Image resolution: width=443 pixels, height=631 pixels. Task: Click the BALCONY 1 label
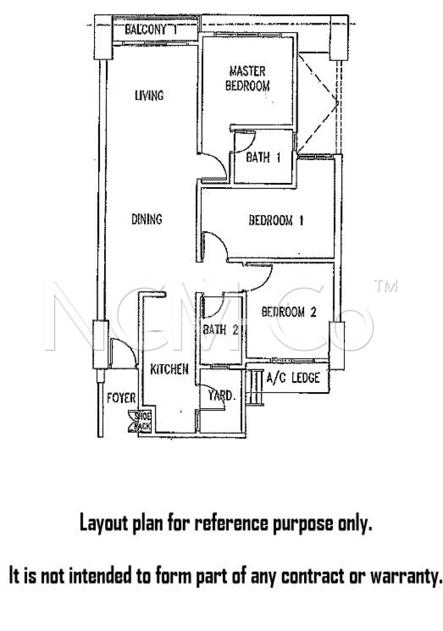point(151,30)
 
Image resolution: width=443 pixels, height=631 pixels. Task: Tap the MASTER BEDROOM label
point(247,79)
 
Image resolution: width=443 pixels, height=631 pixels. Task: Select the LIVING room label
point(149,96)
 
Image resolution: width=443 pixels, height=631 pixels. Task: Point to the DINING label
point(147,219)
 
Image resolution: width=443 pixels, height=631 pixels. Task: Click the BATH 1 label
point(263,157)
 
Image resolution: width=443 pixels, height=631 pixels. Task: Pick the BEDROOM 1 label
point(276,220)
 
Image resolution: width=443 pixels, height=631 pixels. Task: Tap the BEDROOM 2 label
point(289,312)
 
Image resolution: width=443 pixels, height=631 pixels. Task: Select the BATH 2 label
point(220,330)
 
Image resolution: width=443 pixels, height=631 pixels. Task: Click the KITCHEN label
point(169,369)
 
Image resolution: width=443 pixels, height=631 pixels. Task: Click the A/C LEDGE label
point(293,378)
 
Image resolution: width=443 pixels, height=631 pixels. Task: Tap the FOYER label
point(121,398)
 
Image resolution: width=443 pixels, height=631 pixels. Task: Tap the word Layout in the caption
point(103,523)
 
